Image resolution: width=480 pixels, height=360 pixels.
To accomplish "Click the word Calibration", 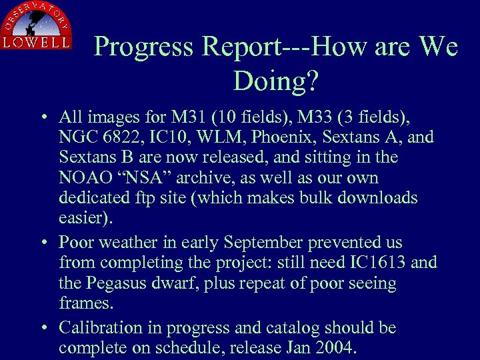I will [101, 328].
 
